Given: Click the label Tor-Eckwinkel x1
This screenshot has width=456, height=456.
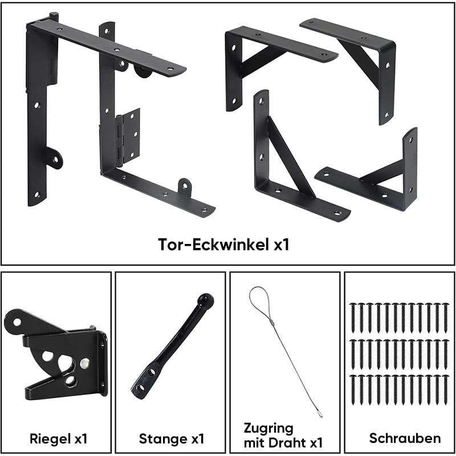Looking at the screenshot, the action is (x=223, y=245).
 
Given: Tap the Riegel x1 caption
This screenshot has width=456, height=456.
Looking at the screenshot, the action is (x=59, y=438).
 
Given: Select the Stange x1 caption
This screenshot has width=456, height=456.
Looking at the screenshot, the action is (x=172, y=438).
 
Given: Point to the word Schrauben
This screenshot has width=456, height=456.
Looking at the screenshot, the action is (x=405, y=438).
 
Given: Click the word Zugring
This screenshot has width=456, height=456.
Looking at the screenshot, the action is (x=268, y=429).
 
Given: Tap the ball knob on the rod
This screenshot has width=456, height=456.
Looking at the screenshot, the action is (x=206, y=300).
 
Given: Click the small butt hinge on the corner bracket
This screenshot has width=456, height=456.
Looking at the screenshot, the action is (x=128, y=136).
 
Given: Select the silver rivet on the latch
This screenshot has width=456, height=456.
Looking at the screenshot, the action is (x=84, y=363).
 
